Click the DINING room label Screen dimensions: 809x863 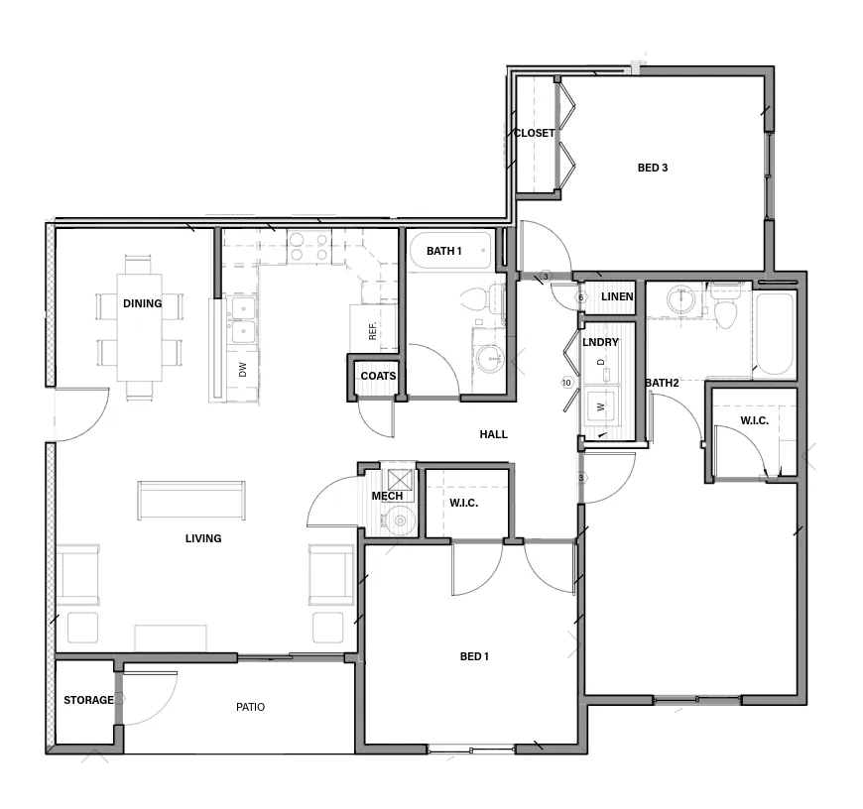142,303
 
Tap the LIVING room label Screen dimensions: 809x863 203,538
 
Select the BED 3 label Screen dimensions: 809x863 652,168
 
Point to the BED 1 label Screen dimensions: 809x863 474,656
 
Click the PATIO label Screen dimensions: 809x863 250,707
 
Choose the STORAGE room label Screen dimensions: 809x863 88,700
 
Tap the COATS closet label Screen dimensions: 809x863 378,376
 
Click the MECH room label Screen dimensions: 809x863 386,496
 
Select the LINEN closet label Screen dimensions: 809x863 616,296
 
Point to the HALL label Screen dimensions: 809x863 493,434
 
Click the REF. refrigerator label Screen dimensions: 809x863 373,331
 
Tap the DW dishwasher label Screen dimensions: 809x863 242,370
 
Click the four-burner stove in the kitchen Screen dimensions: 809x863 308,247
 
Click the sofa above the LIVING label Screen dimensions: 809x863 191,500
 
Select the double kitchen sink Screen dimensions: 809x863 242,320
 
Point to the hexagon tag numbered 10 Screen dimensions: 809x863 567,382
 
